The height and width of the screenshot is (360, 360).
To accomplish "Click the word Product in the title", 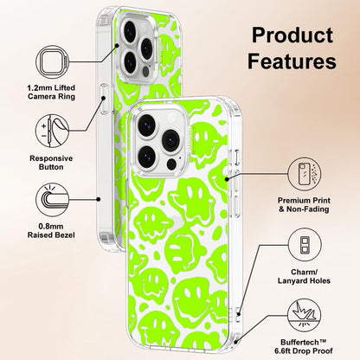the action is tap(292, 35).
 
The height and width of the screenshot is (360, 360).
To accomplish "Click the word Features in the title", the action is tap(292, 61).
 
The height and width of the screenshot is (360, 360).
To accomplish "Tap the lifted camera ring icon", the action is tap(53, 62).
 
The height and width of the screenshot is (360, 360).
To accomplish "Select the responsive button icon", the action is tap(53, 131).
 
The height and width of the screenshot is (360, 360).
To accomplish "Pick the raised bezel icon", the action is tap(53, 200).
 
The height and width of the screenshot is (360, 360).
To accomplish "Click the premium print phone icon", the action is tap(305, 174).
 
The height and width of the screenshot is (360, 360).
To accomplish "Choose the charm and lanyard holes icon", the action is tap(305, 245).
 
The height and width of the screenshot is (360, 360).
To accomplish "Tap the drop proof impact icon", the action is tap(305, 315).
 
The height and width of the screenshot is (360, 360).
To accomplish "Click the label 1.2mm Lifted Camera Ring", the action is tap(51, 92).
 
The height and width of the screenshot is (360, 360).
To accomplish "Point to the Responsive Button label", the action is tap(51, 163).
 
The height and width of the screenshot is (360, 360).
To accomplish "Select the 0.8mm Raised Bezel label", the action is tap(51, 231).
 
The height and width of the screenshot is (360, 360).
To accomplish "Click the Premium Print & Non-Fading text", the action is tap(304, 204).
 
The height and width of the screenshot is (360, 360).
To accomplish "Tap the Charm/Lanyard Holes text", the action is tap(304, 276).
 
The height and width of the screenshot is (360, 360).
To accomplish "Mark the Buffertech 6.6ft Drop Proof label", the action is tap(304, 346).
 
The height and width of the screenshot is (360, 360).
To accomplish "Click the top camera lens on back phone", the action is tap(130, 30).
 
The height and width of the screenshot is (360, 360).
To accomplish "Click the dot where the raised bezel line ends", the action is tap(99, 199).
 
